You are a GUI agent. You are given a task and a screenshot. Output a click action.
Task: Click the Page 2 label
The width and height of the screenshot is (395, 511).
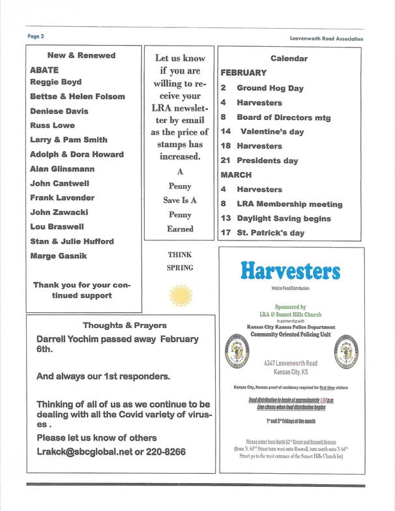(35, 36)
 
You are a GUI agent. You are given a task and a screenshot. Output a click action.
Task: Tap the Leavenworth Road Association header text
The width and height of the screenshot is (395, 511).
(327, 38)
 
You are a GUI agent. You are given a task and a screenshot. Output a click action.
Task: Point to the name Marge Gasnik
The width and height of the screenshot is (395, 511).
(58, 255)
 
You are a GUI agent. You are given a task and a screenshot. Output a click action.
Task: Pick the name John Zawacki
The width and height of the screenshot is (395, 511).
(59, 212)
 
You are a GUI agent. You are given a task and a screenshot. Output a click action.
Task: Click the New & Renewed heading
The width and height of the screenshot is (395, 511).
(81, 55)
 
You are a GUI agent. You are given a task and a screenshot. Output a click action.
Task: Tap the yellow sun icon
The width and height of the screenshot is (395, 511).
(181, 295)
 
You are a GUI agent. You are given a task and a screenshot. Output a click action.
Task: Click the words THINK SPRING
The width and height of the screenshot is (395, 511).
(181, 261)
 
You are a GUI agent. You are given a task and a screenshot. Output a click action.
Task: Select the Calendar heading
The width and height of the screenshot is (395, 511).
(289, 58)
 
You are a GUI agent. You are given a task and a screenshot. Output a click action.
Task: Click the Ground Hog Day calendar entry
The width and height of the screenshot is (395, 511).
(270, 88)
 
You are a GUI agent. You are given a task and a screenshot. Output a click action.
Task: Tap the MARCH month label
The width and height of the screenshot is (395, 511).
(236, 175)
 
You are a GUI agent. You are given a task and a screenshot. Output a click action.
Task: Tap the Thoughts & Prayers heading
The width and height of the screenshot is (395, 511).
(124, 325)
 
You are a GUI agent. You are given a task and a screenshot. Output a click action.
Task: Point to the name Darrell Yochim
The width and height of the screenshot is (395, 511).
(69, 340)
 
